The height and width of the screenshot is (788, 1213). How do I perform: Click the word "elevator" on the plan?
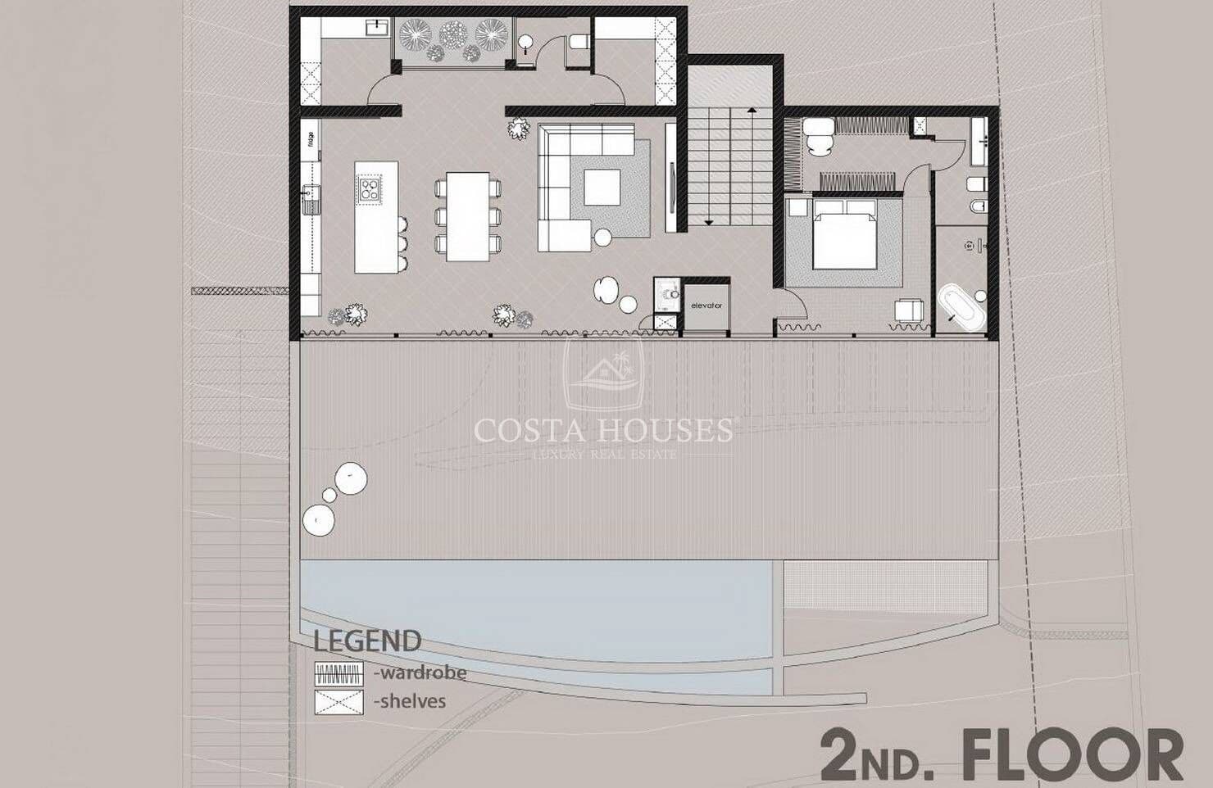[x=706, y=306]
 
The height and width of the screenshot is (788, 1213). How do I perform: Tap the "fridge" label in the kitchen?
[x=311, y=139]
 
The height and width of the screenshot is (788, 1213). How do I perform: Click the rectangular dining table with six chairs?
[x=468, y=215]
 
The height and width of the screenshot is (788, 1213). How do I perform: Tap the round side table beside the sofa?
[x=603, y=238]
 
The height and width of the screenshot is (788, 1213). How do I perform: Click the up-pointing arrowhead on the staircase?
[x=752, y=108]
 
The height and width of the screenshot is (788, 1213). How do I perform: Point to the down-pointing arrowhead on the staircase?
[x=708, y=220]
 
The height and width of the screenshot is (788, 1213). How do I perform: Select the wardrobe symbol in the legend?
[x=338, y=673]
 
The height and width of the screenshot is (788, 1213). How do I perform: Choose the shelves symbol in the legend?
[x=338, y=701]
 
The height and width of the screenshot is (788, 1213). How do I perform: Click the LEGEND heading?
[x=368, y=641]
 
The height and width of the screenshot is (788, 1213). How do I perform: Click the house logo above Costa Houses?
[x=603, y=373]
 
